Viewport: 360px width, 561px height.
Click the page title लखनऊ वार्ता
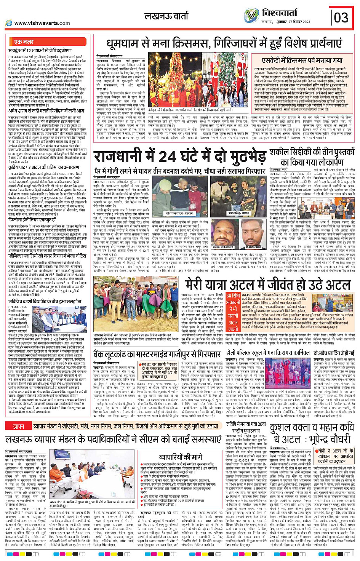tap(166, 16)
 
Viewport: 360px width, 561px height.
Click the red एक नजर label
tap(24, 42)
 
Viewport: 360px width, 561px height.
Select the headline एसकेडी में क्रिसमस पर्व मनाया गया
tap(302, 61)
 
